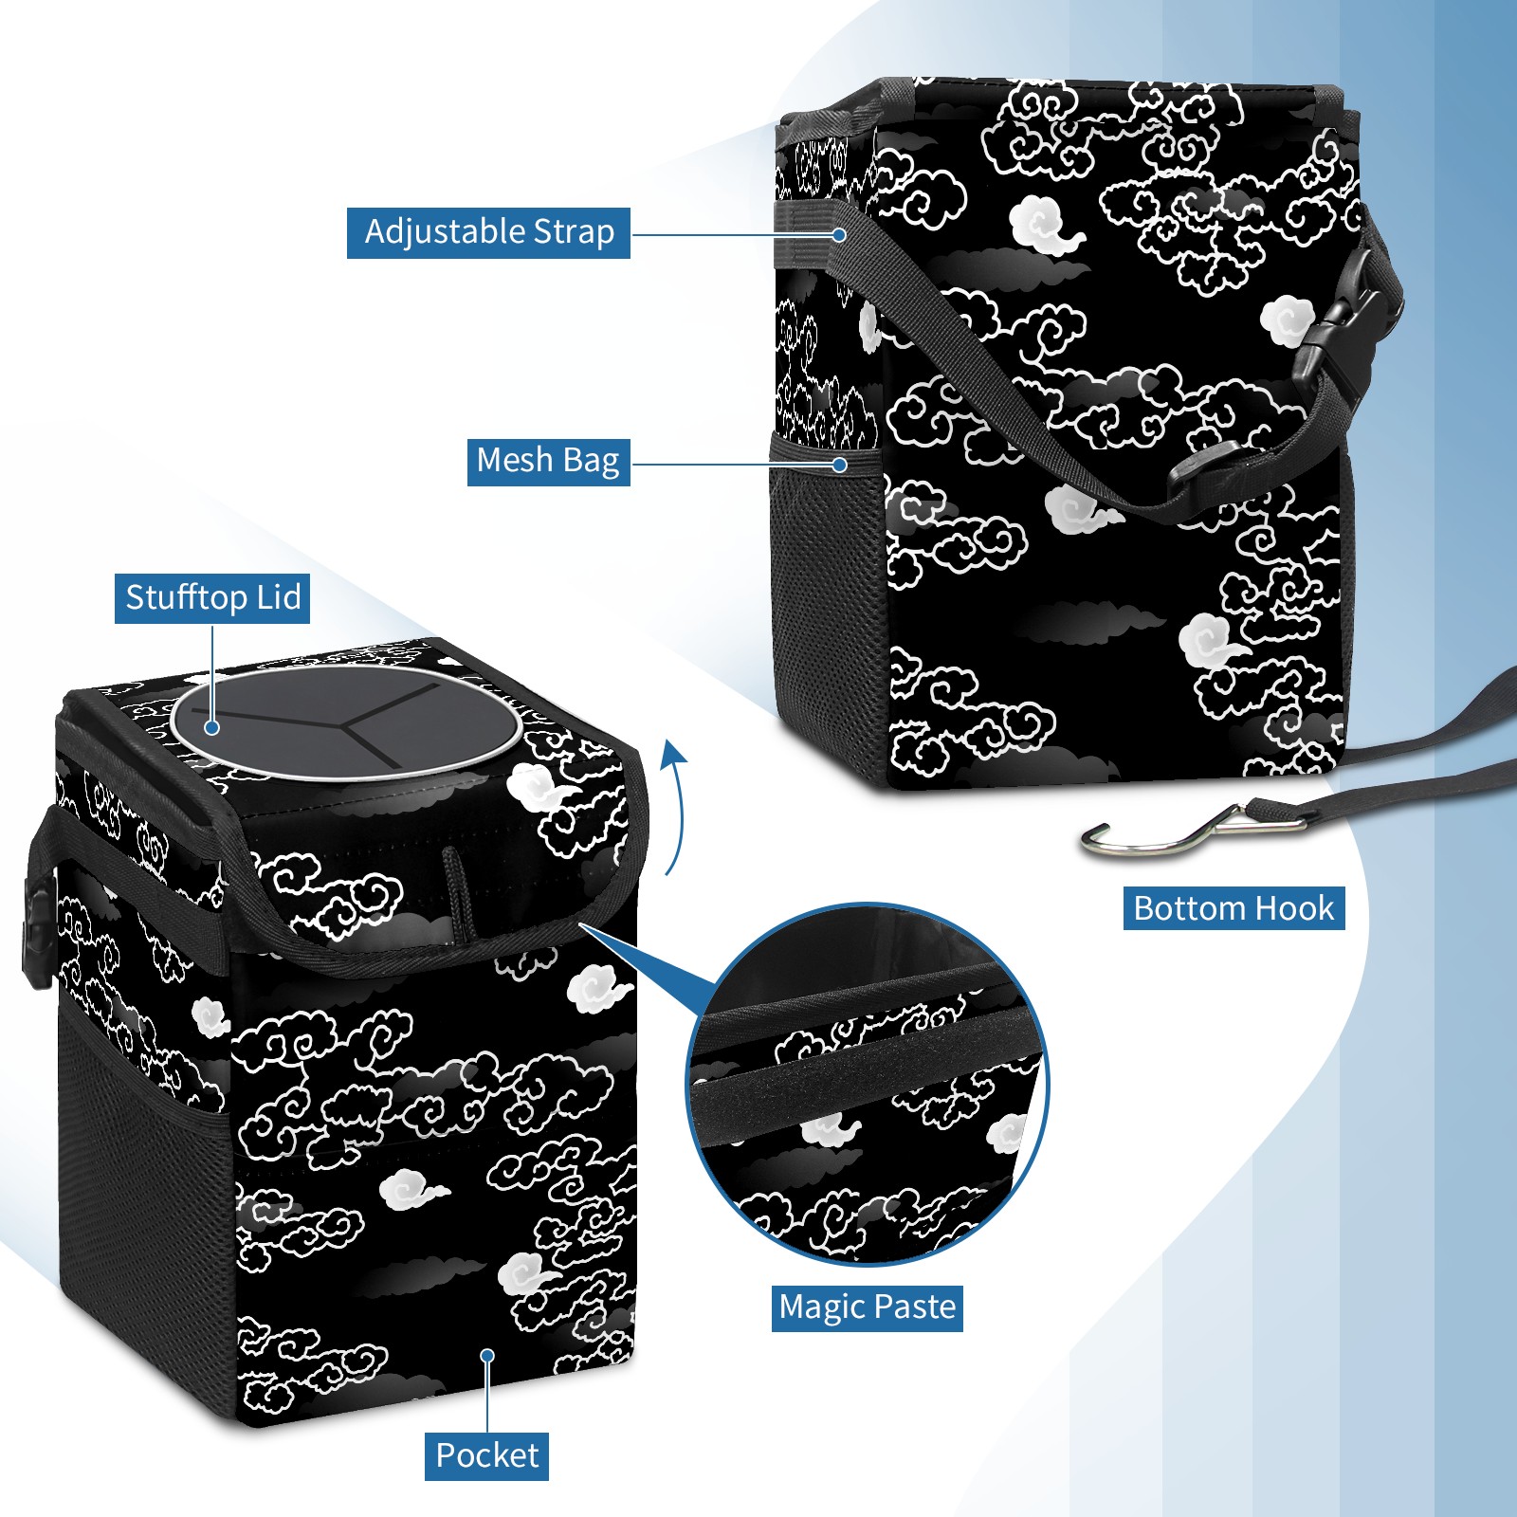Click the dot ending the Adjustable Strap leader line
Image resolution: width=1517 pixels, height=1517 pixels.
pyautogui.click(x=839, y=234)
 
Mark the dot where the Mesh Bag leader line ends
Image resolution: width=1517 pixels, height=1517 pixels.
pyautogui.click(x=840, y=465)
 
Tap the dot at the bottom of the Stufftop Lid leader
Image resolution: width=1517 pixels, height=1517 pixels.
pyautogui.click(x=212, y=727)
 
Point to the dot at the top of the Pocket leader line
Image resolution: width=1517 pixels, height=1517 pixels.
pyautogui.click(x=487, y=1356)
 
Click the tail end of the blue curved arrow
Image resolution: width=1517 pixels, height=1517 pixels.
pyautogui.click(x=667, y=874)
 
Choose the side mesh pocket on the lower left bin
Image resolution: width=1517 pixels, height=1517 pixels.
pyautogui.click(x=147, y=1204)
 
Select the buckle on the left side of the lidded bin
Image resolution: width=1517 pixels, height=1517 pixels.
pyautogui.click(x=36, y=934)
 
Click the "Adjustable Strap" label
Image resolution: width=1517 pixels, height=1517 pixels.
pyautogui.click(x=488, y=232)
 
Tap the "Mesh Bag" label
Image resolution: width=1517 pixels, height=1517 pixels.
pyautogui.click(x=548, y=461)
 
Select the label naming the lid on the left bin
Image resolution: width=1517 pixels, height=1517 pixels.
pyautogui.click(x=212, y=598)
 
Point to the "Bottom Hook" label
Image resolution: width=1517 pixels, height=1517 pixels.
pyautogui.click(x=1234, y=908)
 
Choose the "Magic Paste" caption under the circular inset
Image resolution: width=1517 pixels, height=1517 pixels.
pyautogui.click(x=868, y=1307)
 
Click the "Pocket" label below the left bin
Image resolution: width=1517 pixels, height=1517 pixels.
pyautogui.click(x=486, y=1455)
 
